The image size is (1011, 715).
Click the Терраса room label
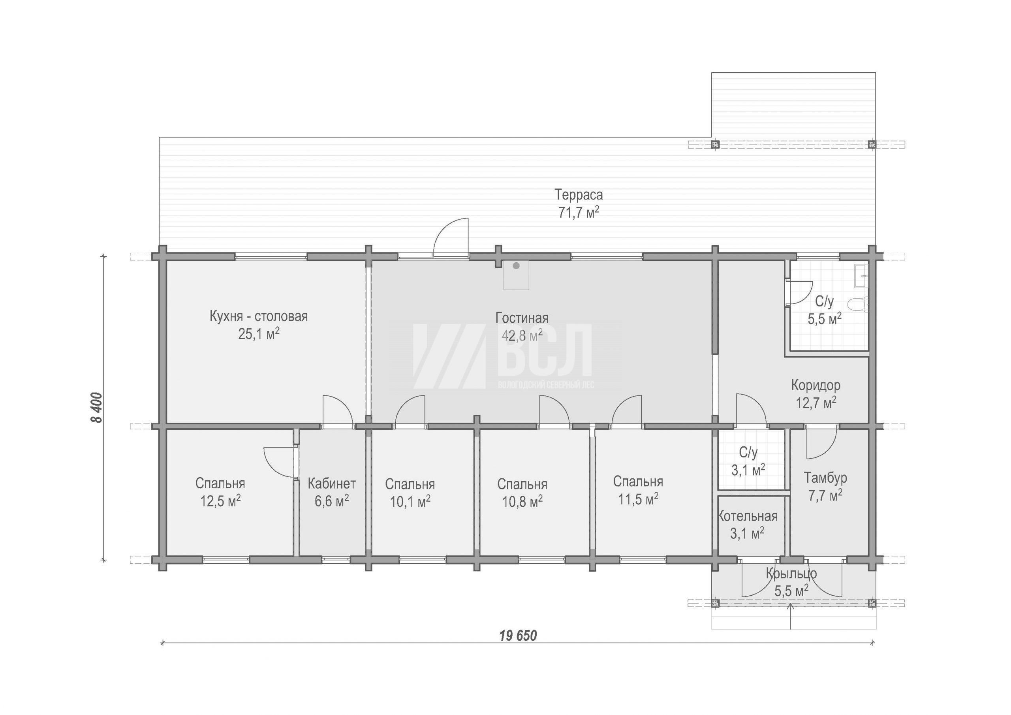click(x=578, y=195)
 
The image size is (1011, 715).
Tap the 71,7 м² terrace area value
click(x=578, y=213)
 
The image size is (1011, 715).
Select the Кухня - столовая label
click(x=258, y=316)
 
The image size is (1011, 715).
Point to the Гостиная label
click(x=522, y=318)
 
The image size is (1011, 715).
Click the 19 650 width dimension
click(x=518, y=636)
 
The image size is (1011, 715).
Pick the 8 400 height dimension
click(x=96, y=408)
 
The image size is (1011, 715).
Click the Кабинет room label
click(x=332, y=484)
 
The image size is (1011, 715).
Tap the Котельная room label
click(x=748, y=516)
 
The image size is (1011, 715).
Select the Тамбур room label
click(x=825, y=478)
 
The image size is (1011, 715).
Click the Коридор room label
click(x=816, y=386)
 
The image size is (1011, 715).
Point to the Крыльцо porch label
click(x=791, y=574)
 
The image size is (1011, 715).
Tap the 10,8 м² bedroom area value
click(x=522, y=502)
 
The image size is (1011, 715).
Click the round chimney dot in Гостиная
click(x=516, y=265)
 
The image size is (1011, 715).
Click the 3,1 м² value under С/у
click(x=748, y=470)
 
